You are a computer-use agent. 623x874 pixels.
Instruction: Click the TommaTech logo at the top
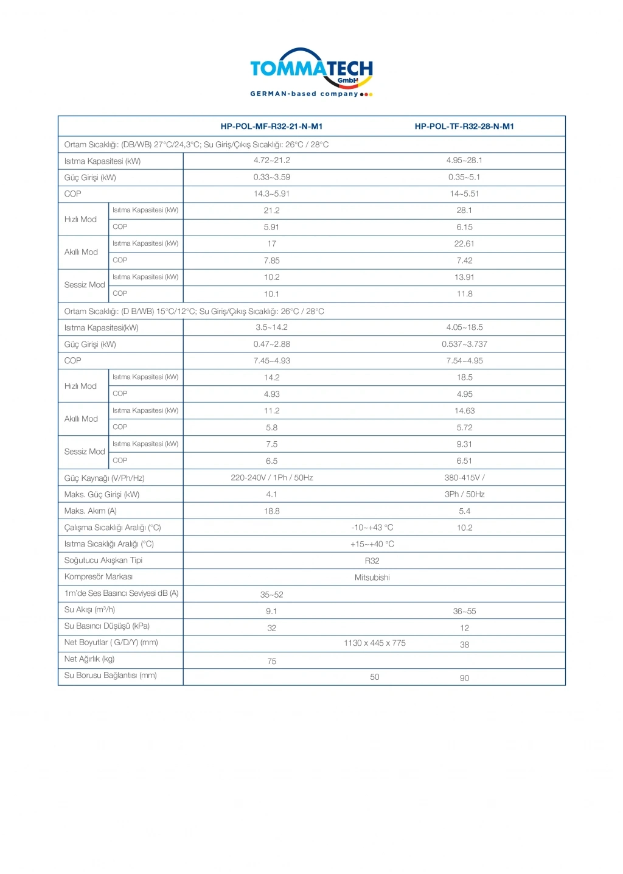tap(311, 68)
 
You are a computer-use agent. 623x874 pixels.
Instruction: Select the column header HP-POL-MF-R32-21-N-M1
tap(271, 127)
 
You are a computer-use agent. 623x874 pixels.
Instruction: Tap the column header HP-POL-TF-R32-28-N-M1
tap(464, 127)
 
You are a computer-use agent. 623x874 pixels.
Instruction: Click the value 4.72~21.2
tap(271, 161)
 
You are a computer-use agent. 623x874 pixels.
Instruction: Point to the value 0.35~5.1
tap(464, 177)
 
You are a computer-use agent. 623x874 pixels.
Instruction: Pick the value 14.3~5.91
tap(271, 194)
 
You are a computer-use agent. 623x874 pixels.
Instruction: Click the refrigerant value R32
tap(372, 561)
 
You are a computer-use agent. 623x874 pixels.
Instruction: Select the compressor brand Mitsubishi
tap(372, 577)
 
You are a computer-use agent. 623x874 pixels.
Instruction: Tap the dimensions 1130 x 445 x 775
tap(374, 643)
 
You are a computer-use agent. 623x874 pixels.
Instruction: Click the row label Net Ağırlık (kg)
tap(89, 659)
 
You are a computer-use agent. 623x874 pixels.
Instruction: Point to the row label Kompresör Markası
tap(99, 576)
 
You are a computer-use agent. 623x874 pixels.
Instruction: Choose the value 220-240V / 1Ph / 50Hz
tap(271, 478)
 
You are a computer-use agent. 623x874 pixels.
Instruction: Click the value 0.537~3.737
tap(464, 344)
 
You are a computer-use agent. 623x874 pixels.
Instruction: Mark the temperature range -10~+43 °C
tap(372, 528)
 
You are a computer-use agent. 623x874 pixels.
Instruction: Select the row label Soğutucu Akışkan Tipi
tap(103, 560)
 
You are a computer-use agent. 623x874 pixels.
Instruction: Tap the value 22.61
tap(464, 243)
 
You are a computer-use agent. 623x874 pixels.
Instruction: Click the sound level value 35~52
tap(271, 595)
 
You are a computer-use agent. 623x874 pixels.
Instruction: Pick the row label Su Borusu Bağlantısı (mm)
tap(111, 676)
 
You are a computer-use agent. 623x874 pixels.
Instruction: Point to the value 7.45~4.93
tap(271, 360)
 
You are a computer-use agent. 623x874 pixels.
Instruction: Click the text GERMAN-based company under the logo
tap(304, 94)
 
